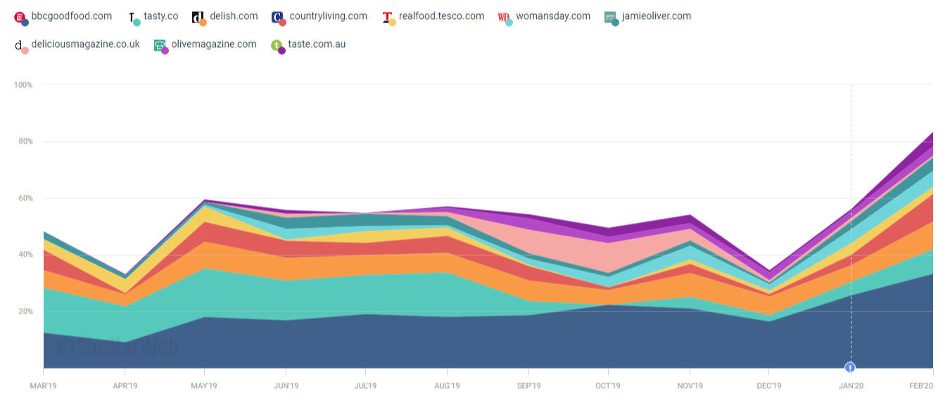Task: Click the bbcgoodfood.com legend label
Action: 71,16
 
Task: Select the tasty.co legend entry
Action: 160,16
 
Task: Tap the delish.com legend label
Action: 234,16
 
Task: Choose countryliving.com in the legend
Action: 328,16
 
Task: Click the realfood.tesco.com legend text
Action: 441,16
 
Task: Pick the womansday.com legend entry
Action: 552,16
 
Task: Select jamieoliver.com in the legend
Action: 656,16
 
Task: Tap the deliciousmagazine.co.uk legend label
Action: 85,44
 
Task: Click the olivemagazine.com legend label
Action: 214,44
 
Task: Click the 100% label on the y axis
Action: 23,85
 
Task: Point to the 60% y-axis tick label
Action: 25,198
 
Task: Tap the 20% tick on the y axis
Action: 25,311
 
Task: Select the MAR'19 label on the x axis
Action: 43,386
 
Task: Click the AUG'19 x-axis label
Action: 447,386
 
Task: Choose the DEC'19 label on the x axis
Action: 769,386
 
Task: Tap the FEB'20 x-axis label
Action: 920,386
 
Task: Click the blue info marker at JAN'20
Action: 851,367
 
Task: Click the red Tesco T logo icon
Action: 387,17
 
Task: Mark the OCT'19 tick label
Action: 608,386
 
